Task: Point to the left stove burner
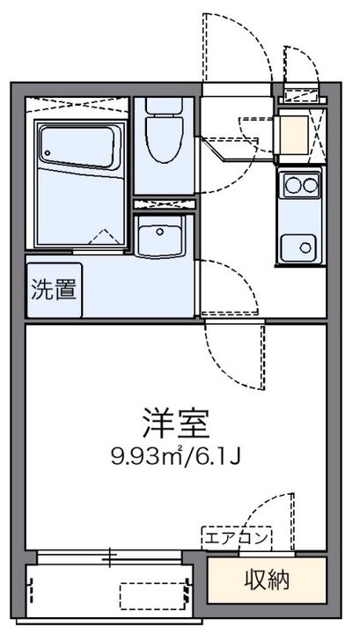(290, 185)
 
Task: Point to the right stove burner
(307, 185)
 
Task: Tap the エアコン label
(237, 536)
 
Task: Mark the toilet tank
(165, 105)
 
